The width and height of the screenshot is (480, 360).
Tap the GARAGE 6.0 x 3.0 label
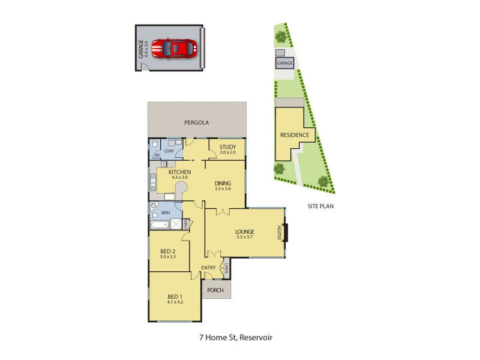click(x=142, y=48)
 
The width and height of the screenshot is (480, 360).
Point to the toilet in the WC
click(x=154, y=145)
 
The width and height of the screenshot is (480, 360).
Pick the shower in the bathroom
click(x=176, y=224)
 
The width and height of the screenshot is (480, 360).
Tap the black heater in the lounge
click(x=286, y=232)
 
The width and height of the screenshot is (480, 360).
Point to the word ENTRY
click(x=208, y=268)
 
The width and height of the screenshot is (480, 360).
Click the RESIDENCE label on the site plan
click(x=295, y=135)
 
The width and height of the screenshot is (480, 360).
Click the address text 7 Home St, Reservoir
click(x=239, y=338)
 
